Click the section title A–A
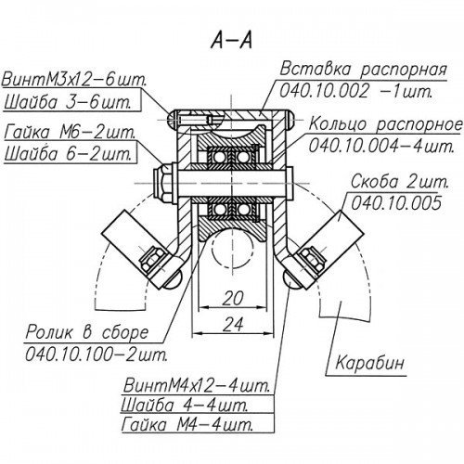pyautogui.click(x=232, y=41)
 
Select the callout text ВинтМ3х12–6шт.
pyautogui.click(x=74, y=80)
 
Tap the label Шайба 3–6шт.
pyautogui.click(x=67, y=102)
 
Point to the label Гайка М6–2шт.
pyautogui.click(x=70, y=133)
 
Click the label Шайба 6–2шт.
pyautogui.click(x=68, y=154)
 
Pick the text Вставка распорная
pyautogui.click(x=363, y=70)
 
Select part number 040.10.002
pyautogui.click(x=324, y=91)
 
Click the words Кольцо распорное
pyautogui.click(x=385, y=124)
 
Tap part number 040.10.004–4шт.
pyautogui.click(x=381, y=146)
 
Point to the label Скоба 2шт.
pyautogui.click(x=400, y=182)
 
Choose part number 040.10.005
pyautogui.click(x=396, y=203)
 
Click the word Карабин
pyautogui.click(x=370, y=362)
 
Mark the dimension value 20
pyautogui.click(x=233, y=298)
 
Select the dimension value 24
pyautogui.click(x=233, y=324)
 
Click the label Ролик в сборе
pyautogui.click(x=87, y=332)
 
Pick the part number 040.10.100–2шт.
pyautogui.click(x=97, y=354)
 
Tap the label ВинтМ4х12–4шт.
pyautogui.click(x=196, y=386)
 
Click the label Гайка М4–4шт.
pyautogui.click(x=187, y=424)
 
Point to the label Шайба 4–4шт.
pyautogui.click(x=185, y=405)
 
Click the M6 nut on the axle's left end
pyautogui.click(x=162, y=183)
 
